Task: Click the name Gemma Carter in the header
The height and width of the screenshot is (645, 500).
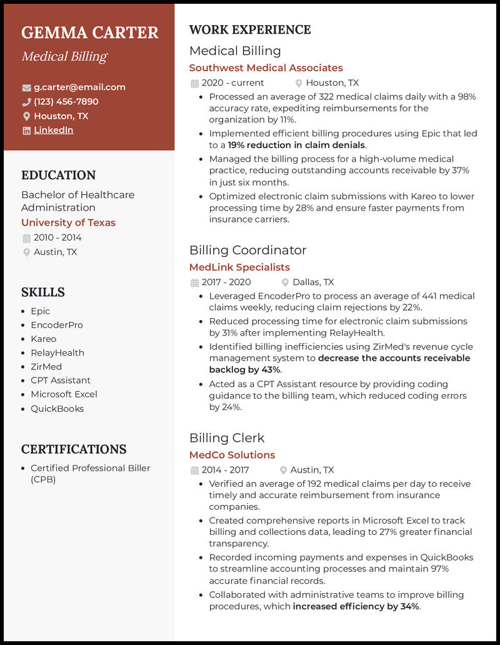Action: pyautogui.click(x=90, y=32)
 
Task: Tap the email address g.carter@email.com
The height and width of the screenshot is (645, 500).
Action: pyautogui.click(x=79, y=87)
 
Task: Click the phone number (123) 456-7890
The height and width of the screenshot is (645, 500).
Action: pyautogui.click(x=66, y=102)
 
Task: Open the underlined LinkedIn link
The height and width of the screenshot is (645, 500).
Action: pyautogui.click(x=53, y=131)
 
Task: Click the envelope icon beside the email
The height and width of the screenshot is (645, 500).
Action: pyautogui.click(x=26, y=87)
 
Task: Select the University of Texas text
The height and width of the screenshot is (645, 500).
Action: pyautogui.click(x=68, y=222)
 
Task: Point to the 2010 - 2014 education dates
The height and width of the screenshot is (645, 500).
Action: pyautogui.click(x=57, y=237)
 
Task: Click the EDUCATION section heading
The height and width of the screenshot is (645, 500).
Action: pyautogui.click(x=59, y=176)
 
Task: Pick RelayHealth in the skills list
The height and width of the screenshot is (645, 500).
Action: pyautogui.click(x=57, y=352)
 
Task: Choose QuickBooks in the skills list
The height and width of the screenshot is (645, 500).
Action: pyautogui.click(x=57, y=409)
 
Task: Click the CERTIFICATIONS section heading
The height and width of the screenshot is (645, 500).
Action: pyautogui.click(x=74, y=449)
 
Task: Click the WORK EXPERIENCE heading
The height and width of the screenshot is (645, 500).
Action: pyautogui.click(x=250, y=30)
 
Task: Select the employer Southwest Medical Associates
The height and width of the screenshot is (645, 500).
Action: pyautogui.click(x=266, y=67)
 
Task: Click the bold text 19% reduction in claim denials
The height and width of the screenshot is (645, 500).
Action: pyautogui.click(x=296, y=145)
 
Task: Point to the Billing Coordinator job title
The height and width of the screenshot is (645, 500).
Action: pyautogui.click(x=247, y=250)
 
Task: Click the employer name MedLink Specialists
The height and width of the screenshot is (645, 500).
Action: pyautogui.click(x=239, y=267)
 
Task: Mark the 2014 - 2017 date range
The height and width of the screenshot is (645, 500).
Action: pyautogui.click(x=225, y=470)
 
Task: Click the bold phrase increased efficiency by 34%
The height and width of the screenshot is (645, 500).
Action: pyautogui.click(x=356, y=606)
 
